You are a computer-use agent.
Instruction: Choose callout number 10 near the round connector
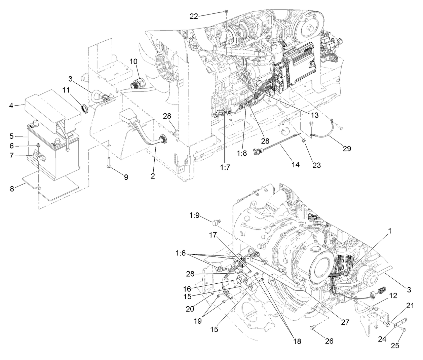pos(133,62)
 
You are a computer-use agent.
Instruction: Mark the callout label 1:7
pos(226,167)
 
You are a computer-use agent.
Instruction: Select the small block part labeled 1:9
pos(215,222)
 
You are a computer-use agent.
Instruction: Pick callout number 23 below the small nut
pos(316,165)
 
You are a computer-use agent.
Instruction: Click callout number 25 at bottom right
pos(395,346)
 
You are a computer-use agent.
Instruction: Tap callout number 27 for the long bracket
pos(345,322)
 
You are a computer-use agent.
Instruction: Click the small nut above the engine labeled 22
pos(227,11)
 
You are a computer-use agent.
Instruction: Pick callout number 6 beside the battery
pos(11,146)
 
